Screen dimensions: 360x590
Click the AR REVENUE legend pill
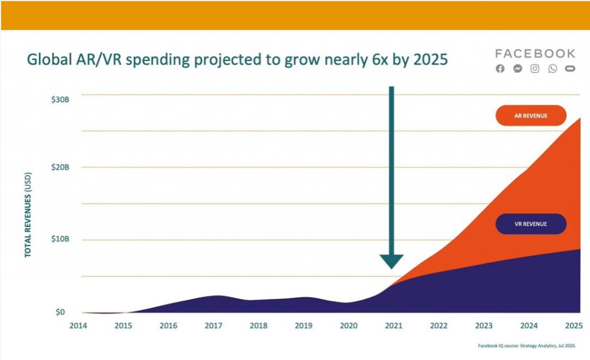coord(531,116)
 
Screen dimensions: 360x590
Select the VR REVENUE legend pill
coord(531,223)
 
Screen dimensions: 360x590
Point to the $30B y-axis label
coord(60,99)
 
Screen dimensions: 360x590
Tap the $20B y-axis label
coord(60,167)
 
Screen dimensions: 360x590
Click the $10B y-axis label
coord(60,239)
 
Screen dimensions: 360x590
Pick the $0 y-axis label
coord(60,312)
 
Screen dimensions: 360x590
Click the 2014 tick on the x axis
coord(78,325)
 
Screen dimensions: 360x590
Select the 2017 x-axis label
coord(214,325)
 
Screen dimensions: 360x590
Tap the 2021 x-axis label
coord(394,325)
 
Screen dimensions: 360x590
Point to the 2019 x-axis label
coord(304,325)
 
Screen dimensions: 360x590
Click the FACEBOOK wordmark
coord(535,54)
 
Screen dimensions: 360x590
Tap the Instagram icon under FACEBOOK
coord(535,69)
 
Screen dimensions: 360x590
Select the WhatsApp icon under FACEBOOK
coord(553,69)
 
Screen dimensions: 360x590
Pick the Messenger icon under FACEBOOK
coord(517,69)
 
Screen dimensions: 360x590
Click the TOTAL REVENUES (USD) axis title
coord(28,217)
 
